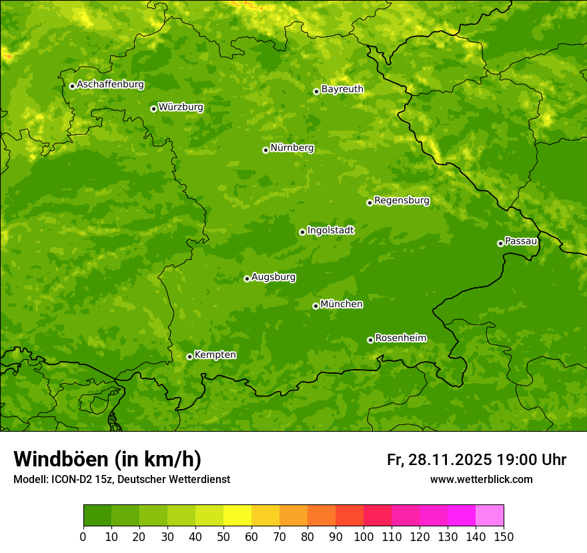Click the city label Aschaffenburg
(110, 85)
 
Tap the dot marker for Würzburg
(153, 109)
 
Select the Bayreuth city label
(342, 89)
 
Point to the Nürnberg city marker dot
(265, 150)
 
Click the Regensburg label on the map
(402, 201)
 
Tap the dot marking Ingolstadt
(302, 232)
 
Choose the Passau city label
(521, 241)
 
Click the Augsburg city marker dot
(247, 278)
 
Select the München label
(342, 304)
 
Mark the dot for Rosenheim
(370, 340)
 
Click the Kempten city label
(215, 355)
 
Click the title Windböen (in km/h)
(107, 459)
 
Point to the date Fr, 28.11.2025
(439, 460)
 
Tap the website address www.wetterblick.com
(481, 479)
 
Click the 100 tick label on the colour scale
(364, 536)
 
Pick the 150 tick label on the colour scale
(504, 536)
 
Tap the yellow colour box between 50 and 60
(237, 516)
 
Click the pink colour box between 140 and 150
(490, 516)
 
